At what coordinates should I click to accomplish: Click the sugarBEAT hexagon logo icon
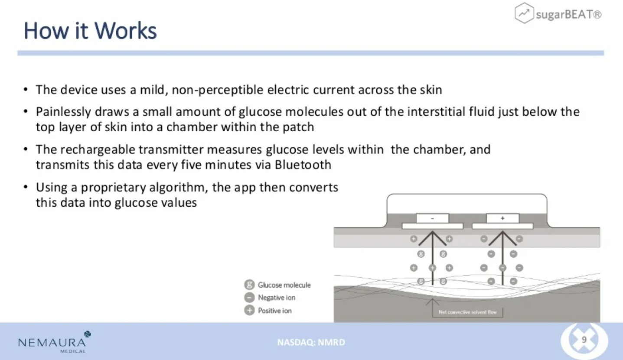click(524, 13)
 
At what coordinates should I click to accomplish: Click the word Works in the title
click(125, 31)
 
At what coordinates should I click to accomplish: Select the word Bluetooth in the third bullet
click(303, 165)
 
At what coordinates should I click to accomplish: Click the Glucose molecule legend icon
click(249, 285)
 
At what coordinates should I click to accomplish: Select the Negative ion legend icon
click(249, 298)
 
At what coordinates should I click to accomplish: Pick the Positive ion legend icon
click(249, 310)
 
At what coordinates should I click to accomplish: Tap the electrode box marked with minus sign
click(432, 218)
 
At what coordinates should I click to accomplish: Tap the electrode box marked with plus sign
click(502, 218)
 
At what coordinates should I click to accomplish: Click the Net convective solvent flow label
click(467, 312)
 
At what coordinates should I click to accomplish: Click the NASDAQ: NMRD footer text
click(311, 342)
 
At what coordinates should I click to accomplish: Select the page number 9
click(584, 340)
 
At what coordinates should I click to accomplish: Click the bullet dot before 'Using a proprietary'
click(26, 187)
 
